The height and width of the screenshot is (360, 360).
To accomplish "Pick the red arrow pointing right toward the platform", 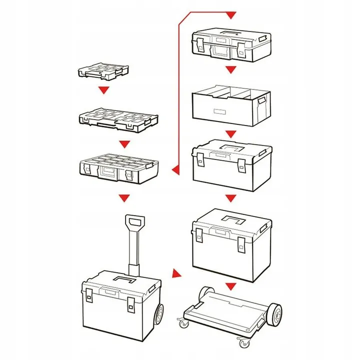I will coord(175,273).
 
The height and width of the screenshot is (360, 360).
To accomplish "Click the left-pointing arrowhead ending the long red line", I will coord(174,172).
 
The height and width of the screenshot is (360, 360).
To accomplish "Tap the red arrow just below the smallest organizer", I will coord(103,90).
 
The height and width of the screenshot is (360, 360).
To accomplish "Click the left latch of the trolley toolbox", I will coord(89,295).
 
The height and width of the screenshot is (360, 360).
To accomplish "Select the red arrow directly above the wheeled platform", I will coord(230,286).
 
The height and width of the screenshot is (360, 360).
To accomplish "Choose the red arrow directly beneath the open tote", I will coord(230,134).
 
